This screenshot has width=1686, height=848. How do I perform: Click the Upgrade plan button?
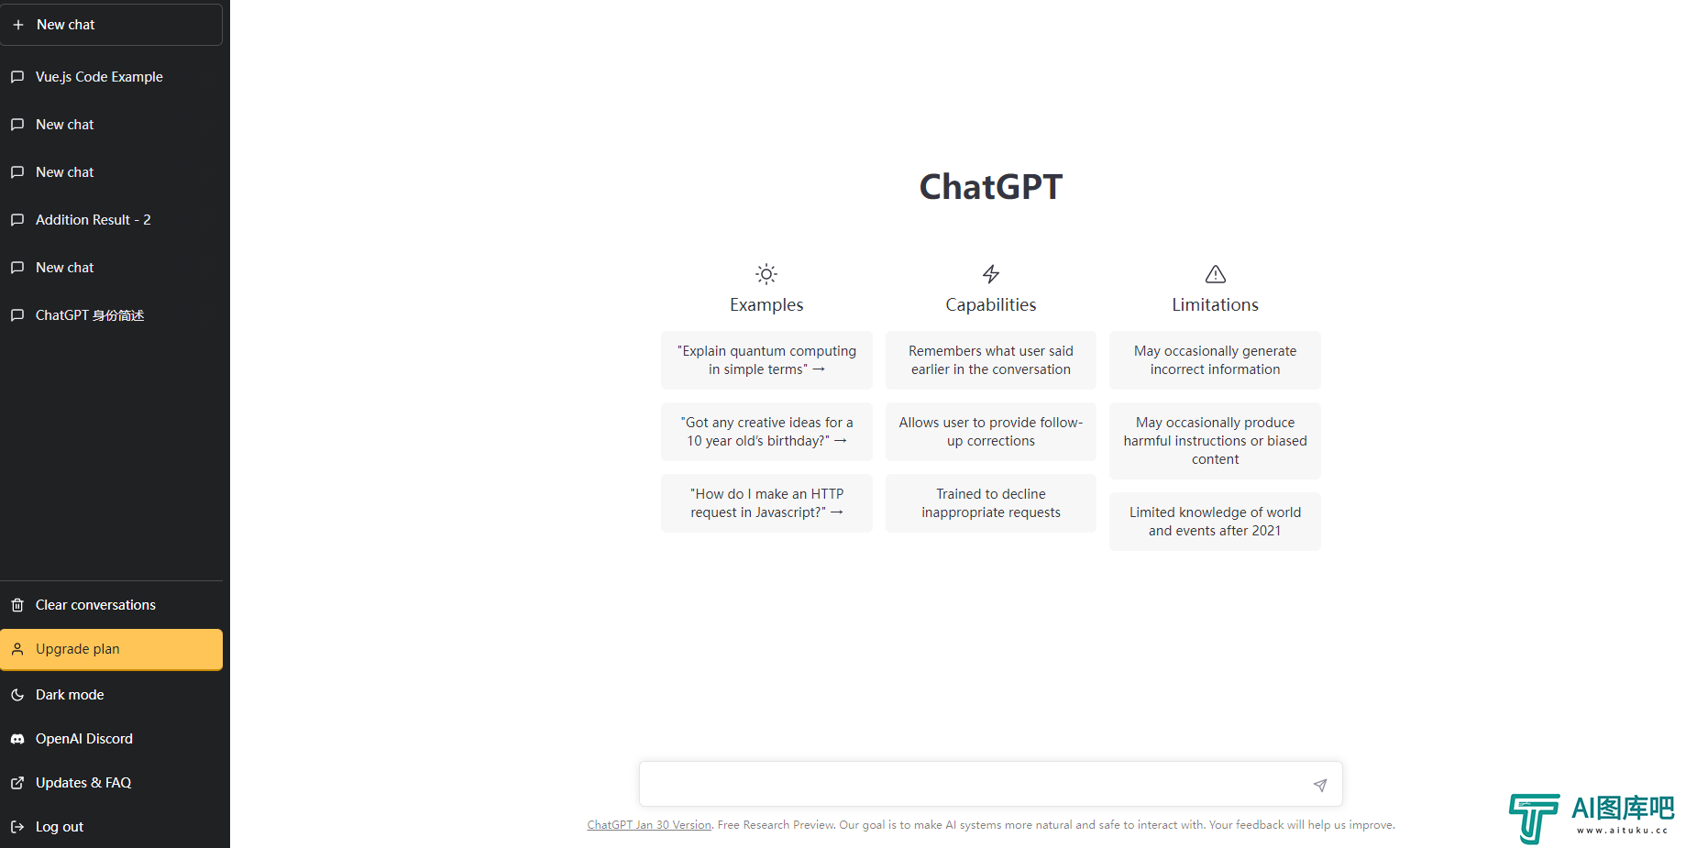(111, 649)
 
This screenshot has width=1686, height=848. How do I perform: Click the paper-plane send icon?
(1320, 785)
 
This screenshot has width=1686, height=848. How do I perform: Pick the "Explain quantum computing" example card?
(766, 360)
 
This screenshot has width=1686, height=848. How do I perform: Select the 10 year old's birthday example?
(766, 432)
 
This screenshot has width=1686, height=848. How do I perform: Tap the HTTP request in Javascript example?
(766, 503)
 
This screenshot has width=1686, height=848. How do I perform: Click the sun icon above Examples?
(766, 274)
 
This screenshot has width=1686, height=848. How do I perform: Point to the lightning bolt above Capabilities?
(991, 274)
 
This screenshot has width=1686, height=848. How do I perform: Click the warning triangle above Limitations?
(1216, 274)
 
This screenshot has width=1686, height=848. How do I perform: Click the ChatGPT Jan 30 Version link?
(649, 825)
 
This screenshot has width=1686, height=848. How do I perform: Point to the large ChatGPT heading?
(991, 187)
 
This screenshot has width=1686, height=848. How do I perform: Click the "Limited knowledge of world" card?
(1215, 522)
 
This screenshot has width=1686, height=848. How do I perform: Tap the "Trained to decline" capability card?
(991, 503)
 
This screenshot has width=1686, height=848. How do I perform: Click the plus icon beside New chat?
(18, 25)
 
